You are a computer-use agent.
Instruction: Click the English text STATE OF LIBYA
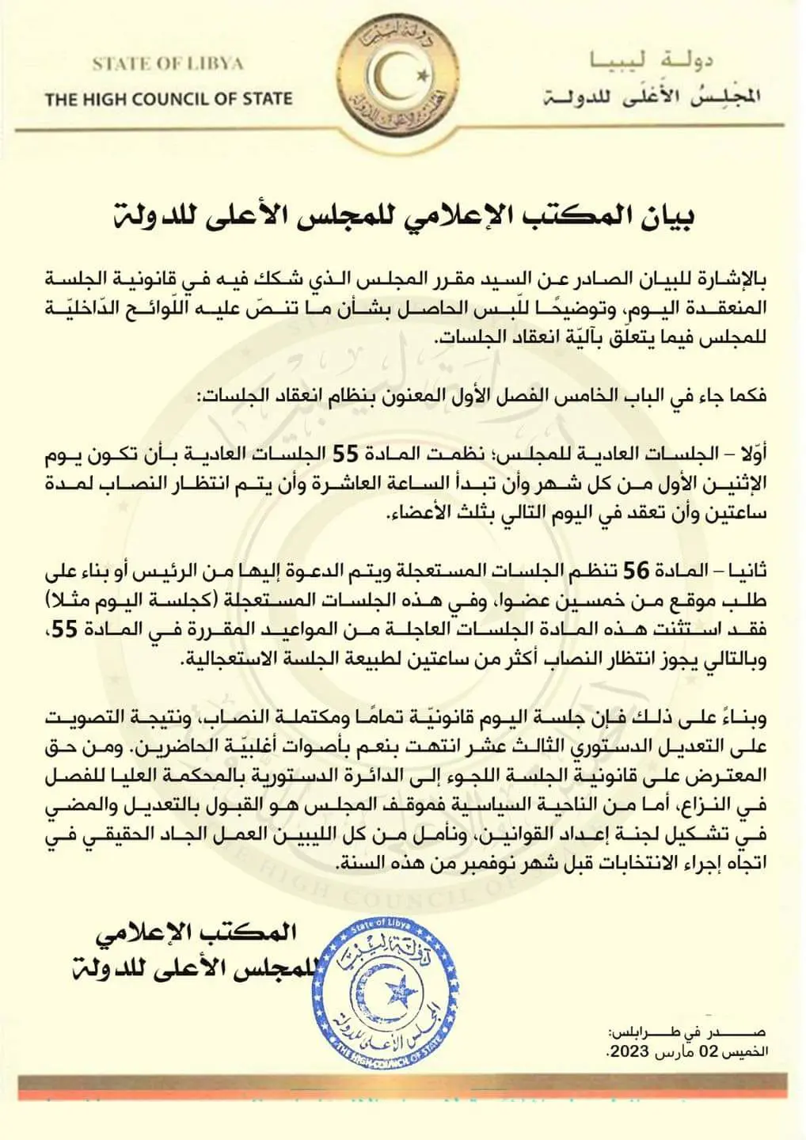[x=168, y=64]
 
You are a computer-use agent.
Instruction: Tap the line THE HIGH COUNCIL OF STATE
[x=169, y=99]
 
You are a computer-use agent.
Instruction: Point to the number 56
[x=638, y=570]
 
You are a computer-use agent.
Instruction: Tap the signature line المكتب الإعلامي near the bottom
[x=197, y=933]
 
